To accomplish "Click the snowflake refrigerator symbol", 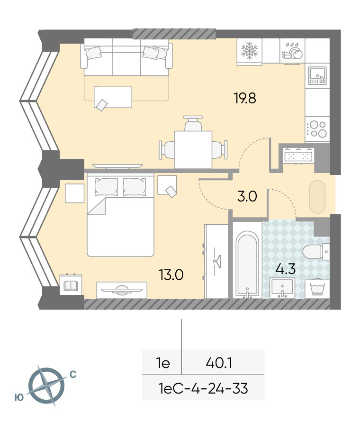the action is [249, 50].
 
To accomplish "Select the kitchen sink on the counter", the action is [317, 75].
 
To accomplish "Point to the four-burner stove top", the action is [317, 129].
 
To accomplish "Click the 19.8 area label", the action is [245, 98].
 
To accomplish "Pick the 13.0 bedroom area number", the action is [171, 275].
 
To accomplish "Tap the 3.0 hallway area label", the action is [247, 196].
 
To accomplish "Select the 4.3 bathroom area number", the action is [286, 269].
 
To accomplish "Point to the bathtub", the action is [247, 264].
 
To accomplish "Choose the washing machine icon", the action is [317, 288].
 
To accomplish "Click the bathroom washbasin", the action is [282, 288].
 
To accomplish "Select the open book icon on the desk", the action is [71, 285].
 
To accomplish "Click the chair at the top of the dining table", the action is [193, 124].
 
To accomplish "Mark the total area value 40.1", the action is [219, 363].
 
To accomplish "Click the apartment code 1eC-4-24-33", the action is [203, 389].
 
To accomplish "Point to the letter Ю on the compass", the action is [19, 398].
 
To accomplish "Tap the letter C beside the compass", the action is [73, 375].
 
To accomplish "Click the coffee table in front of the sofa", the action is [113, 97].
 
